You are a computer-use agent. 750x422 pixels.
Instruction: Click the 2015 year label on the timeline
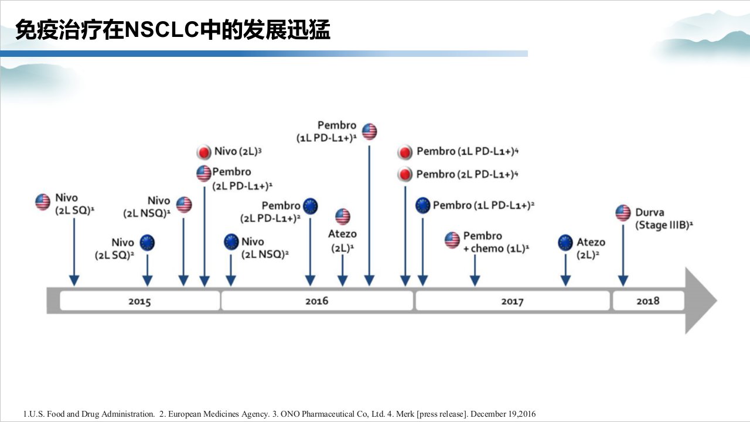click(x=139, y=301)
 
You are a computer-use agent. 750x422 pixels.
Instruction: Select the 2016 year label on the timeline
click(x=317, y=301)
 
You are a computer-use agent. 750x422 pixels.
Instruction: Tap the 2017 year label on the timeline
click(x=512, y=301)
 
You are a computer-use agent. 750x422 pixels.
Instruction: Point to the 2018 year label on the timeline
click(x=648, y=301)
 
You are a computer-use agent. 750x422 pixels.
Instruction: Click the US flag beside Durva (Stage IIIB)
click(x=623, y=213)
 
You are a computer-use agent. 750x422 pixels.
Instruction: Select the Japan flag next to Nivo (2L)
click(x=203, y=152)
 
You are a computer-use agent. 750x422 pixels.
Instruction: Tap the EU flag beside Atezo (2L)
click(x=565, y=243)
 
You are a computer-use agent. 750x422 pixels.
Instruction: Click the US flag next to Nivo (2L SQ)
click(x=43, y=202)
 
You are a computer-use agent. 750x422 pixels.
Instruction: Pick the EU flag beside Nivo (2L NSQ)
click(x=231, y=242)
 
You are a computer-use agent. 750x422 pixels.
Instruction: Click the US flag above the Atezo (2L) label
click(x=343, y=216)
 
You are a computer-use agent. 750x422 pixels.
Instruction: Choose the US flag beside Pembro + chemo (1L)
click(x=452, y=240)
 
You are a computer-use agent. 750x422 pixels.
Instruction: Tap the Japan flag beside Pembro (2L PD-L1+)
click(x=405, y=174)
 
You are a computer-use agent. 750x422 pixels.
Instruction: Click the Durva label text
click(x=650, y=212)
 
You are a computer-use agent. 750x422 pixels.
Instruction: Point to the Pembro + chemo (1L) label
click(x=496, y=242)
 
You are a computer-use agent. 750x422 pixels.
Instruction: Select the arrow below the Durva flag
click(x=623, y=255)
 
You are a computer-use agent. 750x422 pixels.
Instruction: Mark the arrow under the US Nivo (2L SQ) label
click(x=74, y=252)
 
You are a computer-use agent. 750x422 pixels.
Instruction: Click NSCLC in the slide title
click(x=162, y=29)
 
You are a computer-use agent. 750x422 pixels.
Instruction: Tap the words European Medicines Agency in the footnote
click(x=219, y=414)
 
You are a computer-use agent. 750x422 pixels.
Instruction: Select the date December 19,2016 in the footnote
click(x=503, y=414)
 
